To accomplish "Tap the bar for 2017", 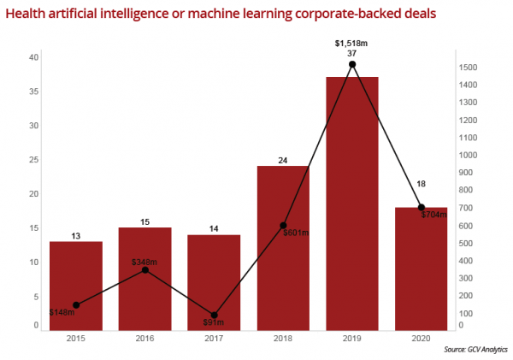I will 214,281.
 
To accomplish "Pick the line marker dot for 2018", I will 283,226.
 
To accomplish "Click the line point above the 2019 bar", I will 352,64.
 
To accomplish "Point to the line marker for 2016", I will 144,270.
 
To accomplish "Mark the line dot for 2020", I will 421,207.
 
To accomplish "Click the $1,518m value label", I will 351,42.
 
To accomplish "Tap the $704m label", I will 435,215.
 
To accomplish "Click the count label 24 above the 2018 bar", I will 283,159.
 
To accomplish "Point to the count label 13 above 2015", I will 75,235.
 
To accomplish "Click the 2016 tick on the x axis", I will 144,339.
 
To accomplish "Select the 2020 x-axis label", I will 421,339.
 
